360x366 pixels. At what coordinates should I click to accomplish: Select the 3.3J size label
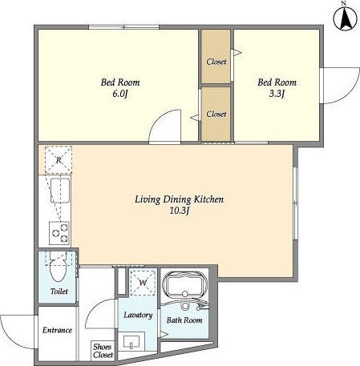pos(277,94)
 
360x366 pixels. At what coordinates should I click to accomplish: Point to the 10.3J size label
pos(180,211)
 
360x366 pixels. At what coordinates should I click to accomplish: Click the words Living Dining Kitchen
pos(179,199)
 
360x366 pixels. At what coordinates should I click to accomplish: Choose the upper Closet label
pos(216,62)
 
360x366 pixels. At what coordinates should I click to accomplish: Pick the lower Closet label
pos(216,114)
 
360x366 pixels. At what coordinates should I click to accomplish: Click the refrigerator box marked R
pos(59,160)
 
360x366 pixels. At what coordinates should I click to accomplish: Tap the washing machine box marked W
pos(143,282)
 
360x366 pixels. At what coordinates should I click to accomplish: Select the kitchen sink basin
pos(60,191)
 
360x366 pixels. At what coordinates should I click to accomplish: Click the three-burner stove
pos(59,233)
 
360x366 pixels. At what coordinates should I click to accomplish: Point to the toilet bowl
pos(59,270)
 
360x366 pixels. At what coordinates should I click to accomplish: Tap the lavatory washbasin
pos(131,342)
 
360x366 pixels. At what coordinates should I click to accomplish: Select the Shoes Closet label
pos(103,351)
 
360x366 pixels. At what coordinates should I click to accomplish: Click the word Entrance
pos(57,330)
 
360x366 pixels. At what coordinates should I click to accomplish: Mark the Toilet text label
pos(59,291)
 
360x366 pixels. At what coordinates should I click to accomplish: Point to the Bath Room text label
pos(184,320)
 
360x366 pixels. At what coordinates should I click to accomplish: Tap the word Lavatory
pos(138,315)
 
